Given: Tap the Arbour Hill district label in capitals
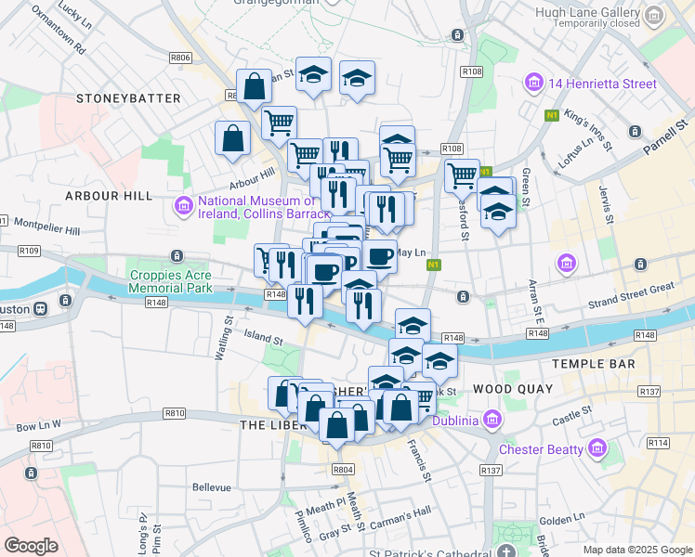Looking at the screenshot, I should [x=108, y=196].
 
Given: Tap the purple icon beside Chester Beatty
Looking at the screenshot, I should [x=597, y=450].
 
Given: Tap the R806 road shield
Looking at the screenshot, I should [x=181, y=58].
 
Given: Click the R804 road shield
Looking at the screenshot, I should [x=343, y=470].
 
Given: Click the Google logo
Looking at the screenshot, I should [x=31, y=545].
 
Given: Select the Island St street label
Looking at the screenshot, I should [x=262, y=333].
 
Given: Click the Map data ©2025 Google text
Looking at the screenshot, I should [x=637, y=550].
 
